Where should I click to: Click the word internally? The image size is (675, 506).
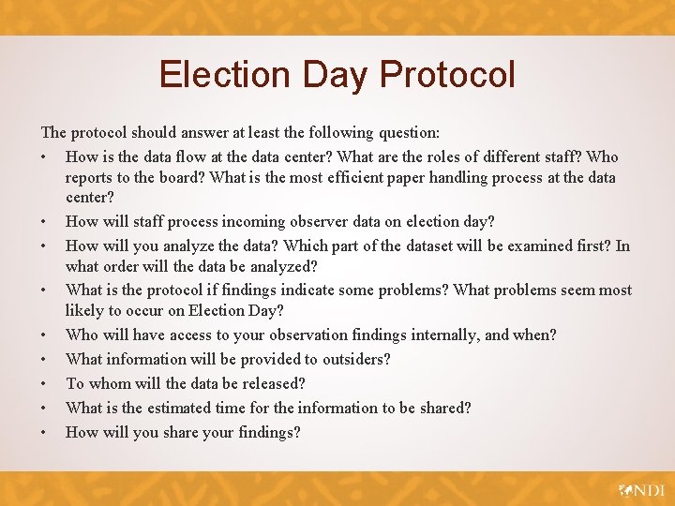click(x=461, y=335)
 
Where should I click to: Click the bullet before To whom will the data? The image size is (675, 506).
click(x=45, y=383)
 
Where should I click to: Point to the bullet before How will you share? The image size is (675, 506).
click(x=45, y=432)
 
